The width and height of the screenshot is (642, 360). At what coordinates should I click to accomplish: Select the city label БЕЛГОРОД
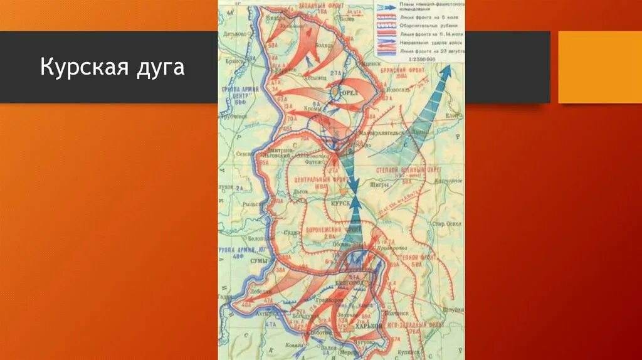pyautogui.click(x=355, y=283)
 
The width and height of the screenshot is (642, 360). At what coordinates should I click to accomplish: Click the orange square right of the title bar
pyautogui.click(x=599, y=67)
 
